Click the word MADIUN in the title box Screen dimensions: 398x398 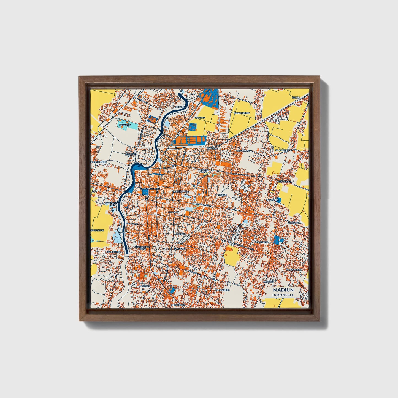[283, 290]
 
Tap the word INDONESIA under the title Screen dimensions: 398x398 [283, 295]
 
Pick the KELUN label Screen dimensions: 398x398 [296, 98]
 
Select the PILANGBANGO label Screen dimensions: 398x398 [284, 151]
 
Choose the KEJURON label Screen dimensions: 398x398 [174, 212]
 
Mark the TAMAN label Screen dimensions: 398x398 [180, 234]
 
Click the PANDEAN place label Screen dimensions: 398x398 [180, 249]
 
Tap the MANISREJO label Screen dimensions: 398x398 [262, 242]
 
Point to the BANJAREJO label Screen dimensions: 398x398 [223, 290]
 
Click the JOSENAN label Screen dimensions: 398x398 [144, 286]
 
